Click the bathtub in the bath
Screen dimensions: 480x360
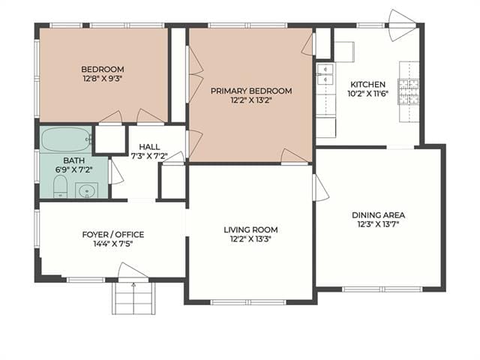point(66,139)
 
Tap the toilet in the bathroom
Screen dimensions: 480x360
point(60,187)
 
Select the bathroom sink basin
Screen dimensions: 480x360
point(87,190)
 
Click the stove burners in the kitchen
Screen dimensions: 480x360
point(408,91)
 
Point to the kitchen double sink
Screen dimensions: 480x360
point(325,74)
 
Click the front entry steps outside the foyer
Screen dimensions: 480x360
point(133,298)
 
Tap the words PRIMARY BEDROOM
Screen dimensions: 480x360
point(251,91)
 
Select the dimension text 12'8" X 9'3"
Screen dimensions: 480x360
point(103,79)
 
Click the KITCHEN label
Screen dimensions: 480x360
point(368,85)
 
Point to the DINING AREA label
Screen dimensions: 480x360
point(378,215)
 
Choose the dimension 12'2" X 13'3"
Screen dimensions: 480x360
point(251,238)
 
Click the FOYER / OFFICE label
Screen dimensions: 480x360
point(113,235)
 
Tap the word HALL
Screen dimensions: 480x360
point(149,147)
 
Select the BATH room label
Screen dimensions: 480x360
point(73,160)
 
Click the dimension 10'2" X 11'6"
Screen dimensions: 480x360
point(368,94)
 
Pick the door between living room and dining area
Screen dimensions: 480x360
point(320,187)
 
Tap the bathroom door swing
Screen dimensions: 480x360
point(116,172)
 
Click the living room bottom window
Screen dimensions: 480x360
point(248,302)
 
